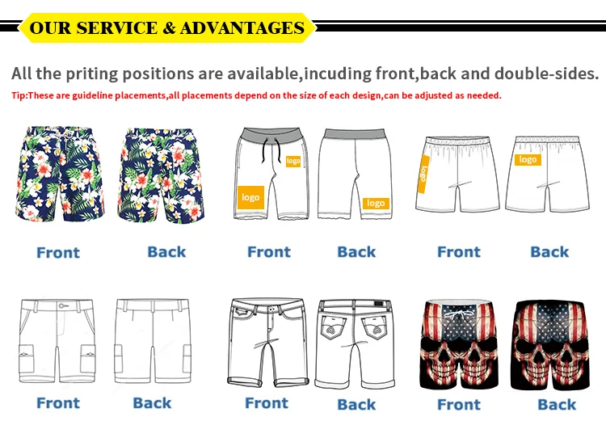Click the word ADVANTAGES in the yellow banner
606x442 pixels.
coord(242,28)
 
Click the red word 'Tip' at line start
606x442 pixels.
coord(19,95)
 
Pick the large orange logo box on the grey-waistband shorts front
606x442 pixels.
coord(251,197)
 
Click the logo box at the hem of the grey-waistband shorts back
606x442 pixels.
coord(376,203)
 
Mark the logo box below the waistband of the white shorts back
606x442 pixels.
coord(528,160)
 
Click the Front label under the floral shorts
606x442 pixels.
coord(58,253)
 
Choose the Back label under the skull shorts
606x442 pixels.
coord(557,404)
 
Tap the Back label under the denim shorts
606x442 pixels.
coord(356,404)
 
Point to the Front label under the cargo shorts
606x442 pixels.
coord(58,402)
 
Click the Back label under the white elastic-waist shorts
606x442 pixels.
coord(549,252)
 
